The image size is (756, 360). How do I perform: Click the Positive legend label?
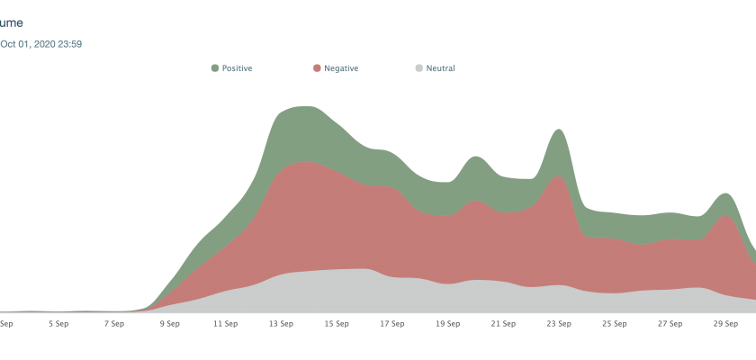point(237,67)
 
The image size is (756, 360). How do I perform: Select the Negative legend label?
point(340,67)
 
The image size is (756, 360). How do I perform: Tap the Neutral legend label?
point(440,67)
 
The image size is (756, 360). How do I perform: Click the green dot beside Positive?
point(215,67)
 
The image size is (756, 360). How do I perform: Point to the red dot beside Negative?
point(317,67)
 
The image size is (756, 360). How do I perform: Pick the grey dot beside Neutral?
point(418,67)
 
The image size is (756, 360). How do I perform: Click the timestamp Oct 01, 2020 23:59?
point(41,43)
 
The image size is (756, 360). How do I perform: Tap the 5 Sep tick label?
point(58,323)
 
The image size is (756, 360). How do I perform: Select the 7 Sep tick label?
point(113,323)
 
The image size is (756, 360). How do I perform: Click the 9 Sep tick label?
point(169,323)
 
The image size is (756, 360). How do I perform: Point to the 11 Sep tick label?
point(225,323)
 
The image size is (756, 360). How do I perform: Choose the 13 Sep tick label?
point(281,323)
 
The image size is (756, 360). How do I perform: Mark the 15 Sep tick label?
point(337,323)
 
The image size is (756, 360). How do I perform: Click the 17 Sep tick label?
point(391,323)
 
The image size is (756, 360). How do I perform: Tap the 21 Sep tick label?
point(503,323)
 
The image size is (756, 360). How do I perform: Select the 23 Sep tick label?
point(559,323)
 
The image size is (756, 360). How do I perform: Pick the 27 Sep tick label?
point(670,323)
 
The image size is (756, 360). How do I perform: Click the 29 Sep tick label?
point(726,323)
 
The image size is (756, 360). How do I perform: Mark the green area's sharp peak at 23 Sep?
point(558,130)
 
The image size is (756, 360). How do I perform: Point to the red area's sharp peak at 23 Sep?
point(559,175)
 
